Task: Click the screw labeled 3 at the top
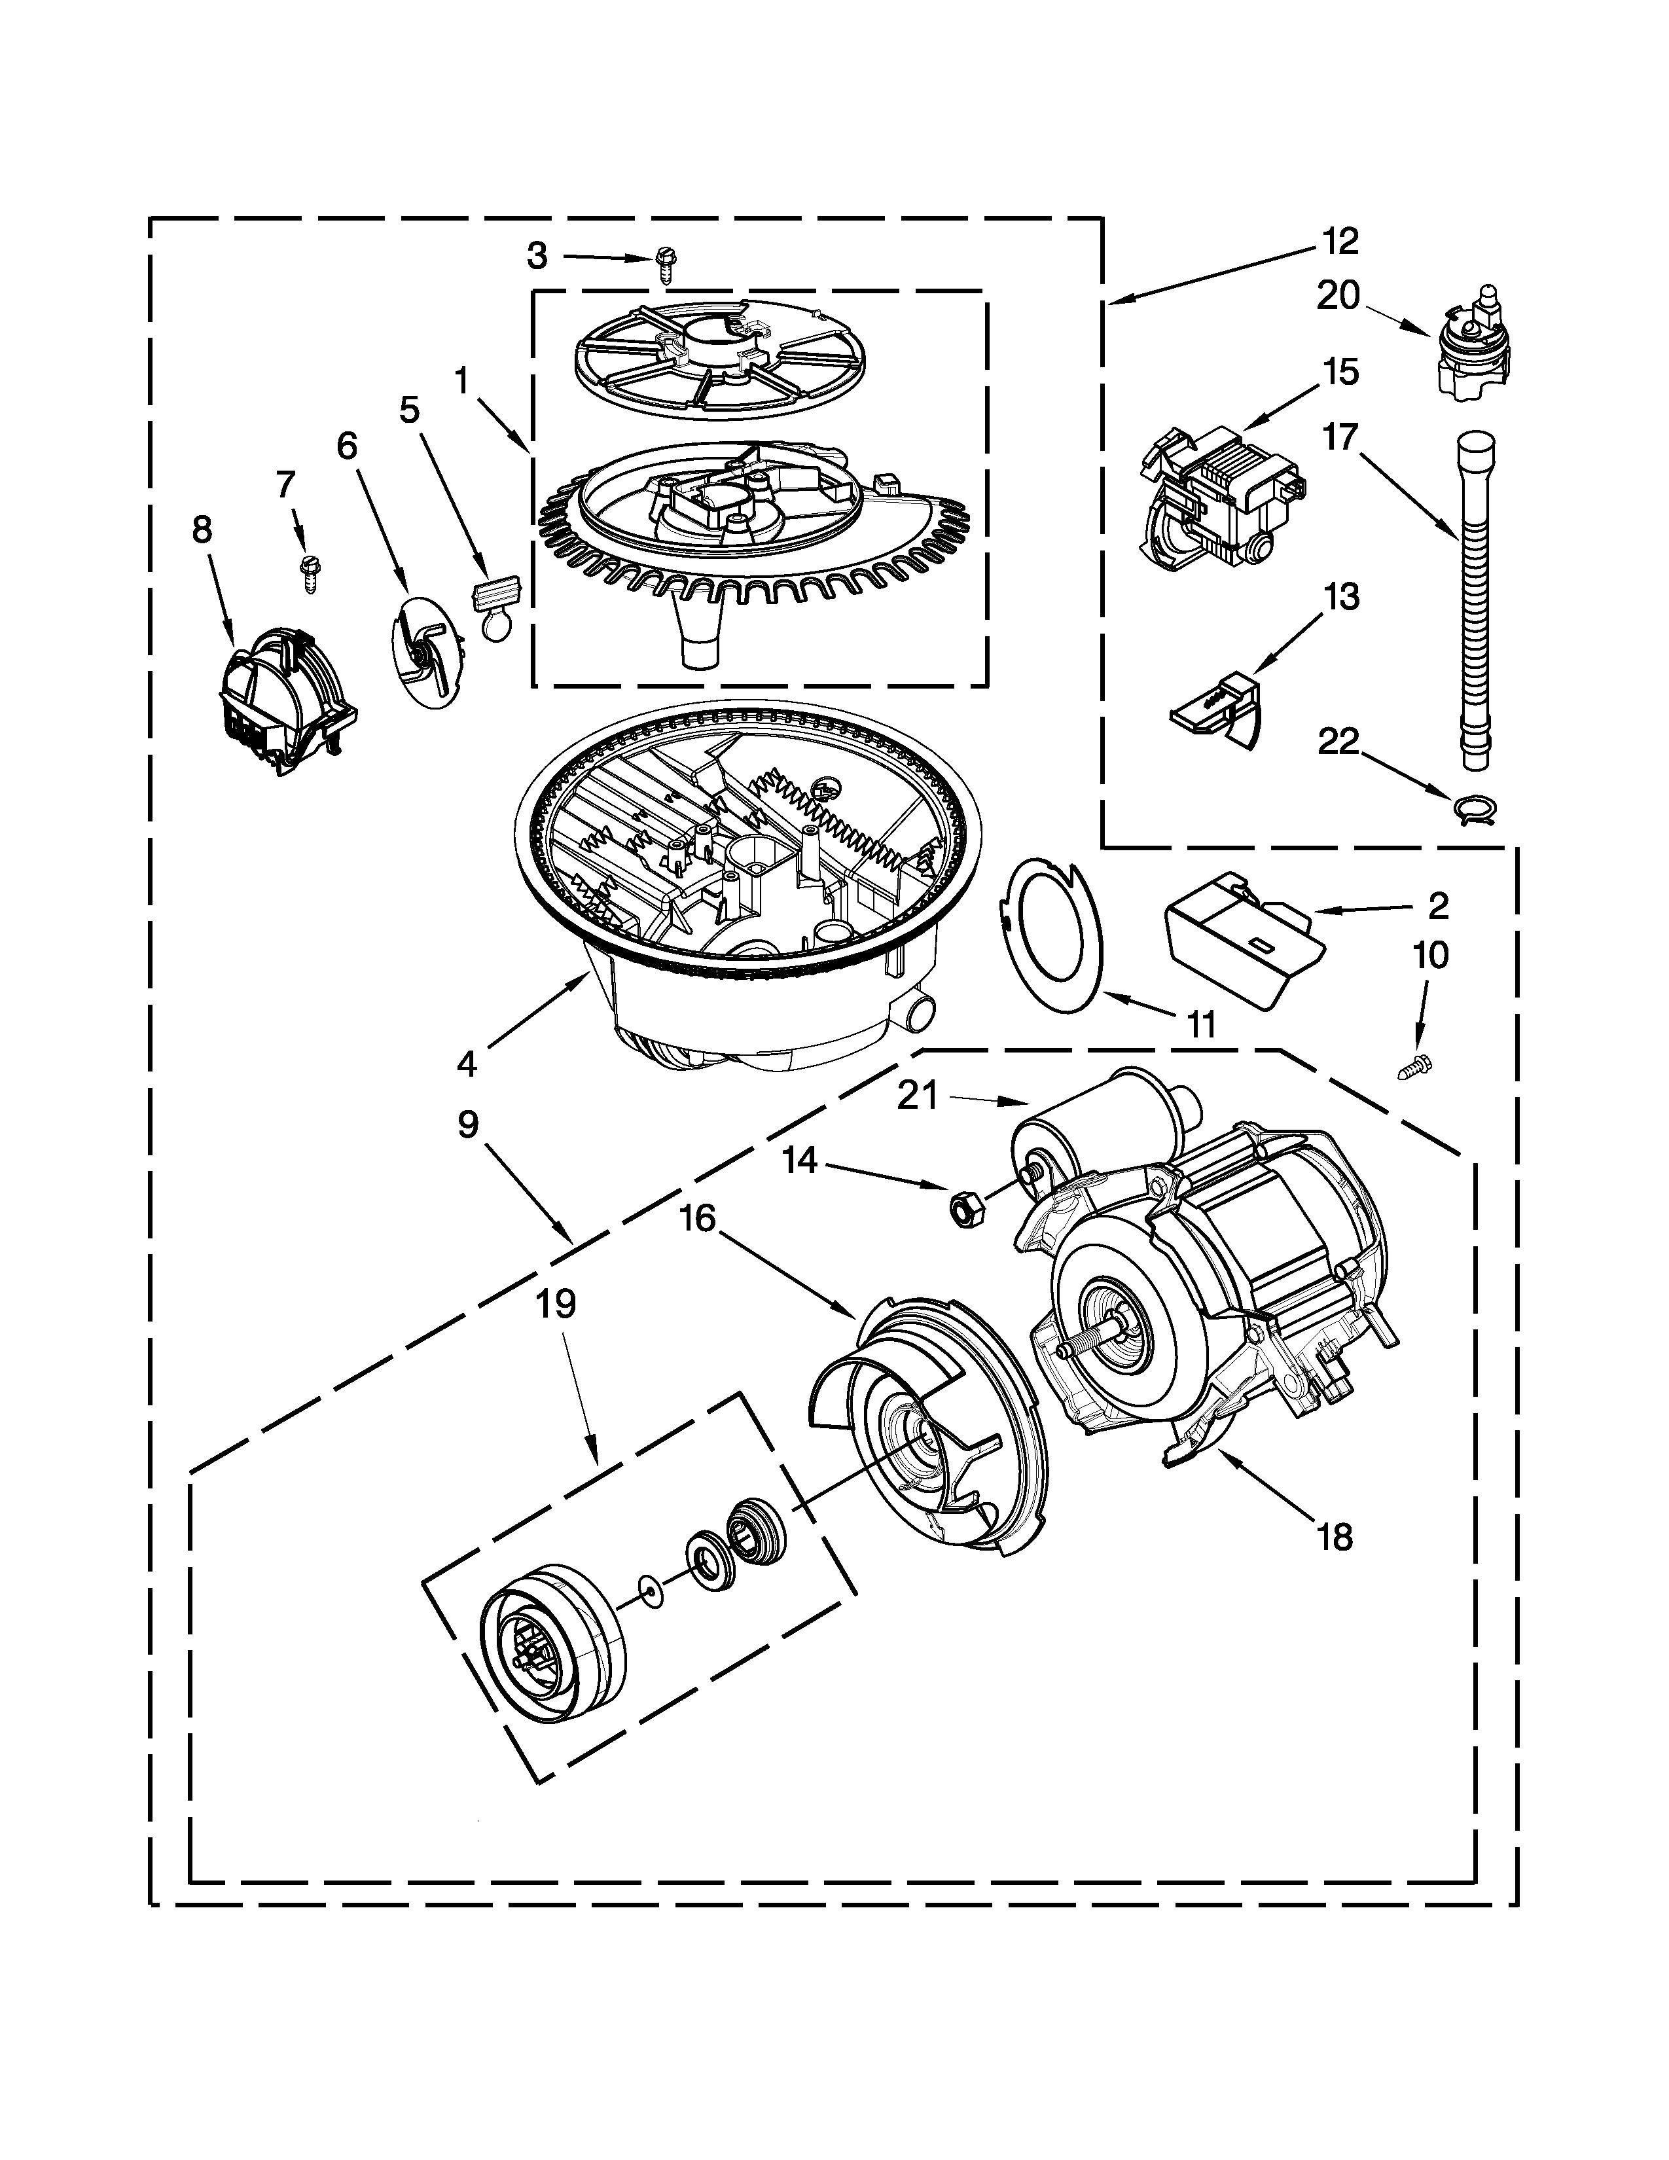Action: (664, 264)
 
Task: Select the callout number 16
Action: (698, 1219)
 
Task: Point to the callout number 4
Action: (467, 1064)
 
